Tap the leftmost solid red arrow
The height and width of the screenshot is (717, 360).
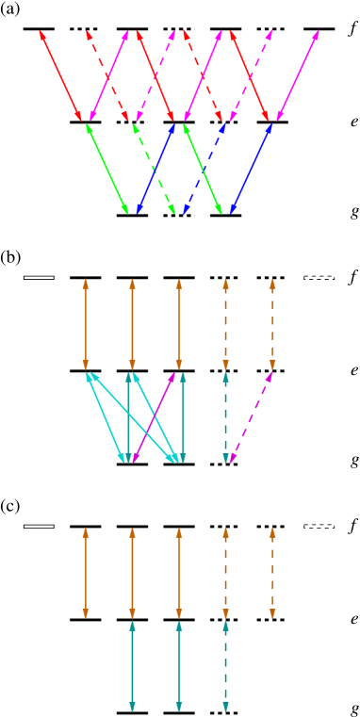pos(60,75)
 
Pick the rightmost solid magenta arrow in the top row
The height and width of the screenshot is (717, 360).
pos(297,75)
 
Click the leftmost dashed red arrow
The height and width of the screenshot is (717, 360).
pos(107,75)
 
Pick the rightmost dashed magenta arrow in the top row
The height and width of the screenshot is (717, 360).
pos(251,75)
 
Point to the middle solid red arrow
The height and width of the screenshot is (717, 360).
pos(156,75)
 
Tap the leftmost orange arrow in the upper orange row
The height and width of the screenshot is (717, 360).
pos(86,324)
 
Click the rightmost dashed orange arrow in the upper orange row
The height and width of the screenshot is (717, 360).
pos(272,324)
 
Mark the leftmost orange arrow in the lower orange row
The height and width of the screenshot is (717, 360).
pos(86,573)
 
